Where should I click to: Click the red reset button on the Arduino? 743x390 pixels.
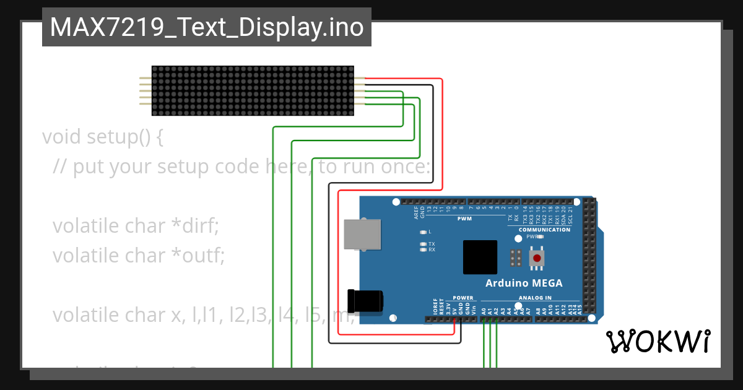537,258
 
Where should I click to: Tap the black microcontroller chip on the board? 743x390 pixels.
480,258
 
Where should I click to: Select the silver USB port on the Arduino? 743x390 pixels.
363,235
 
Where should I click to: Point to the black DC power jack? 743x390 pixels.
365,301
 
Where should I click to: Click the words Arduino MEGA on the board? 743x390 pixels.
524,284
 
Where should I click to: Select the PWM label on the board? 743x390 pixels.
464,219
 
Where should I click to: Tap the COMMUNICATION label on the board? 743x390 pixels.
544,230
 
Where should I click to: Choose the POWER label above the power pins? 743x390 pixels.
463,298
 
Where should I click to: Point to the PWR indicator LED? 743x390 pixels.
540,236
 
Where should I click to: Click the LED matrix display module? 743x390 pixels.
253,90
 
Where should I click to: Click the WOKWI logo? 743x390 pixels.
658,341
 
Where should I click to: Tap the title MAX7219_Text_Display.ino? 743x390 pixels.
206,28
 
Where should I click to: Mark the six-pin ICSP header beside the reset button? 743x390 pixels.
515,258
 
